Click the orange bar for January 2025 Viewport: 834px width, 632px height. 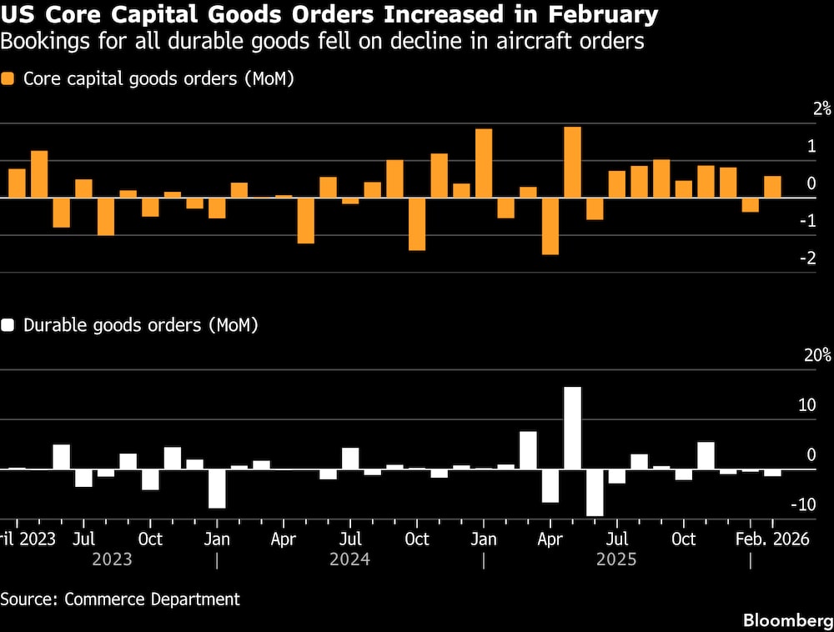(484, 163)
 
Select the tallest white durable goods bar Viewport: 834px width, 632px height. (572, 428)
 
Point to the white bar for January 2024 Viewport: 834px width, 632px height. (217, 489)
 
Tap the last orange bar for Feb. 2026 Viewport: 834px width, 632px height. (773, 187)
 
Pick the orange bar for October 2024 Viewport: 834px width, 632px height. (417, 224)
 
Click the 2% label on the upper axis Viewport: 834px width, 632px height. (822, 108)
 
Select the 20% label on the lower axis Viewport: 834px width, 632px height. (817, 355)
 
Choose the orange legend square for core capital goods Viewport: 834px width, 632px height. (8, 79)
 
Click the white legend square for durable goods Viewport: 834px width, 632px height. (8, 325)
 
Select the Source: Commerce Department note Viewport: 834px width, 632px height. (120, 599)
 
